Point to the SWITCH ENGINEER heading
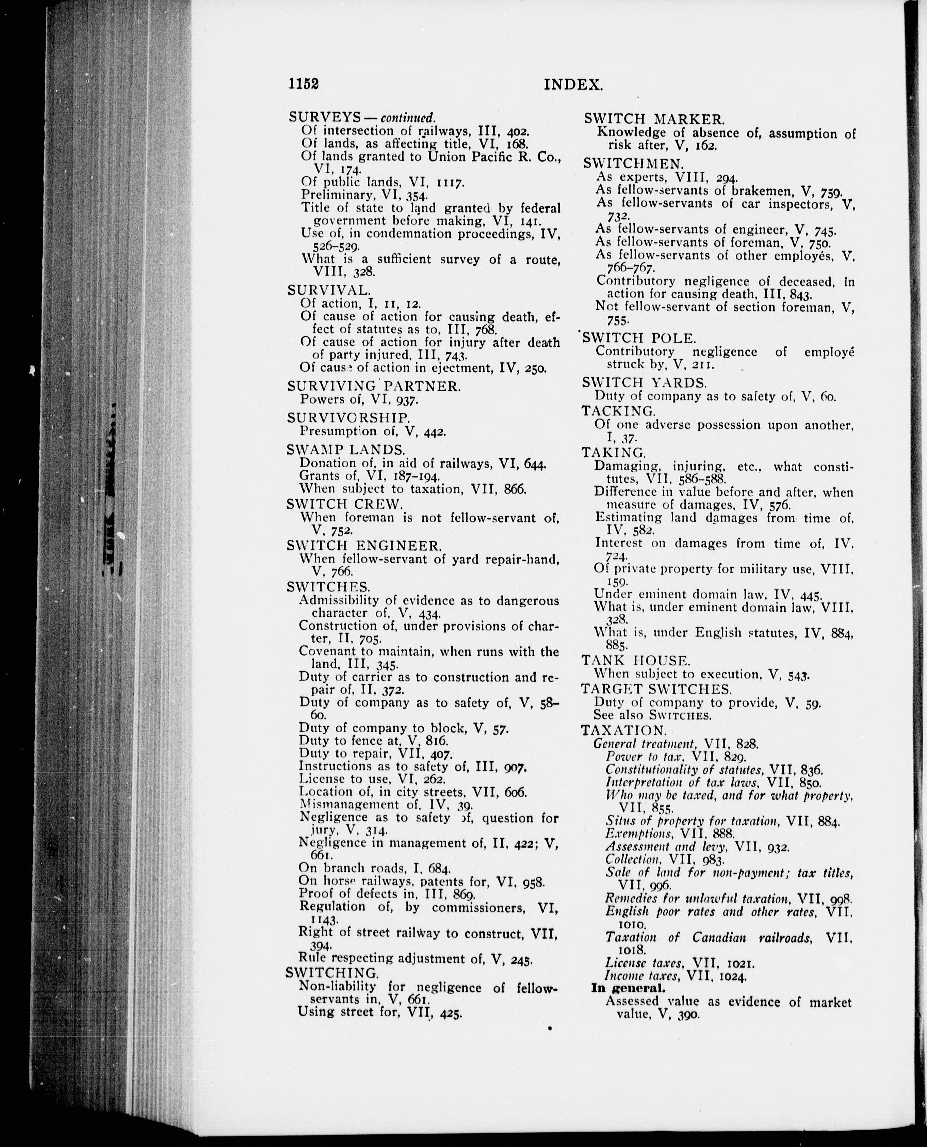coord(365,546)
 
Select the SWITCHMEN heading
coord(630,163)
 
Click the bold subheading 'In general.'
coord(628,988)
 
